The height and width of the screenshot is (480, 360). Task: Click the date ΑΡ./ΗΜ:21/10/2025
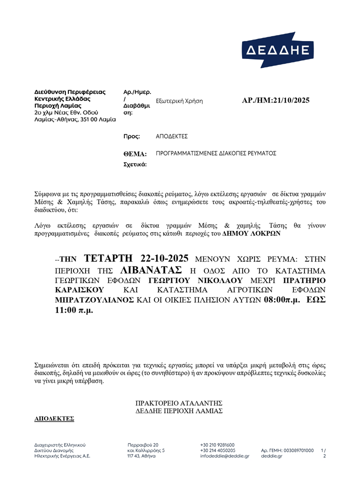275,100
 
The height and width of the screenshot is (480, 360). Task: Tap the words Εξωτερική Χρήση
179,101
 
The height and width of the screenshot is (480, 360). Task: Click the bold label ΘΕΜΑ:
134,154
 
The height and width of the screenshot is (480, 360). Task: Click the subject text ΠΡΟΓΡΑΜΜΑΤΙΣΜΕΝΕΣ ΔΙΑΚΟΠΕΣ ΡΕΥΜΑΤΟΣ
216,153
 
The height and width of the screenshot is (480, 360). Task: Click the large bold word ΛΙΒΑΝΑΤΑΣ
150,270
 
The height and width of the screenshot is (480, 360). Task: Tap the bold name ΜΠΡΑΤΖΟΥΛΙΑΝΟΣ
93,300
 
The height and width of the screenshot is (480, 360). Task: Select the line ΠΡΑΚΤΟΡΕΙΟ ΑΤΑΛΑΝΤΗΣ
178,403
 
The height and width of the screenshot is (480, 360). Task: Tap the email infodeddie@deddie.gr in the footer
224,456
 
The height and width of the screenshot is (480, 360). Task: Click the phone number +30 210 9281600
217,444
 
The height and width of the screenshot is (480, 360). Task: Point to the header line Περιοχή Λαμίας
55,105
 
